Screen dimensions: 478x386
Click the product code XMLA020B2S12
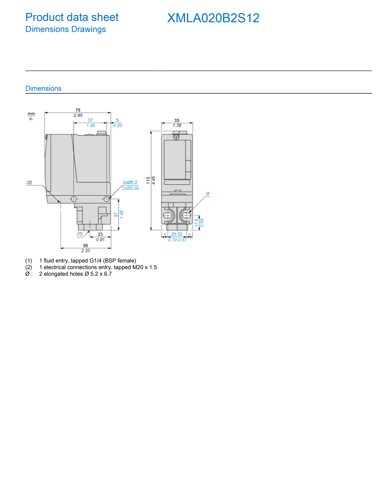213,18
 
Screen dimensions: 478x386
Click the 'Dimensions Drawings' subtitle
65,30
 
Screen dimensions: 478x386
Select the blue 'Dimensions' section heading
43,88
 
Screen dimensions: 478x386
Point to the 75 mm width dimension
78,110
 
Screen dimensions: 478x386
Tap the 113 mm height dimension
148,180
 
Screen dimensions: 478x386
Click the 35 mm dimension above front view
177,120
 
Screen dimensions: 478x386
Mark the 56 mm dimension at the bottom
86,245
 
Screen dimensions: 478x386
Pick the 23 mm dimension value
100,234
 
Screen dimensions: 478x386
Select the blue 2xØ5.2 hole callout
130,183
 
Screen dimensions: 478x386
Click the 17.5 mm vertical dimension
196,222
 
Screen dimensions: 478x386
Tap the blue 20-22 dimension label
177,234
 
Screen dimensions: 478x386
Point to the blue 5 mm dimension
117,120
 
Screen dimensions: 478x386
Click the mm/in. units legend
31,116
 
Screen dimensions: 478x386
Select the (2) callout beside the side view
29,183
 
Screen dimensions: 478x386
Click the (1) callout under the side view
80,234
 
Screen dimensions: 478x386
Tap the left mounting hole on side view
74,199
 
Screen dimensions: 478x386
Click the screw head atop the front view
176,137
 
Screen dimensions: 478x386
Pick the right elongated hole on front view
187,215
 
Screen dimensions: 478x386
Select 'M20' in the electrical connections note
138,267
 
